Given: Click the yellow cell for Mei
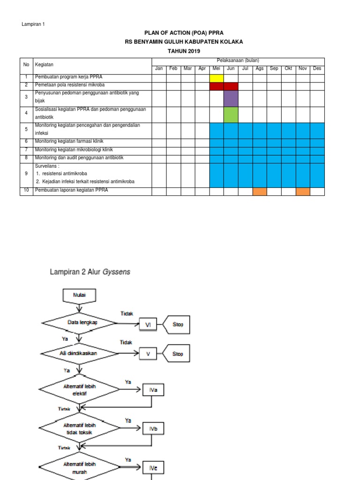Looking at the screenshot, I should pos(217,78).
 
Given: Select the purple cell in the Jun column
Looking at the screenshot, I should pos(231,98).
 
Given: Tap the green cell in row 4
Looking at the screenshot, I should pos(231,115).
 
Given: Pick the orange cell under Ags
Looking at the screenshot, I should pos(259,191).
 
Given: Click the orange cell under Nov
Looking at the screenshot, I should pos(303,191).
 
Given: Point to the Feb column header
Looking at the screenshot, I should pos(173,69).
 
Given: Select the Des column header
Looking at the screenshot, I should pos(317,69).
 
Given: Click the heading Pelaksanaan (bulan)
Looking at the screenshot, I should pos(238,60).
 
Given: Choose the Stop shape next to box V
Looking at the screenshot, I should pos(177,354).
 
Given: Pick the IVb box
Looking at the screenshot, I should pos(153,428).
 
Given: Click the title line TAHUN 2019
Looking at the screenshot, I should pos(180,51).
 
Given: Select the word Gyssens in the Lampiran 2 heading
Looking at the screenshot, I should pos(117,271).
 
